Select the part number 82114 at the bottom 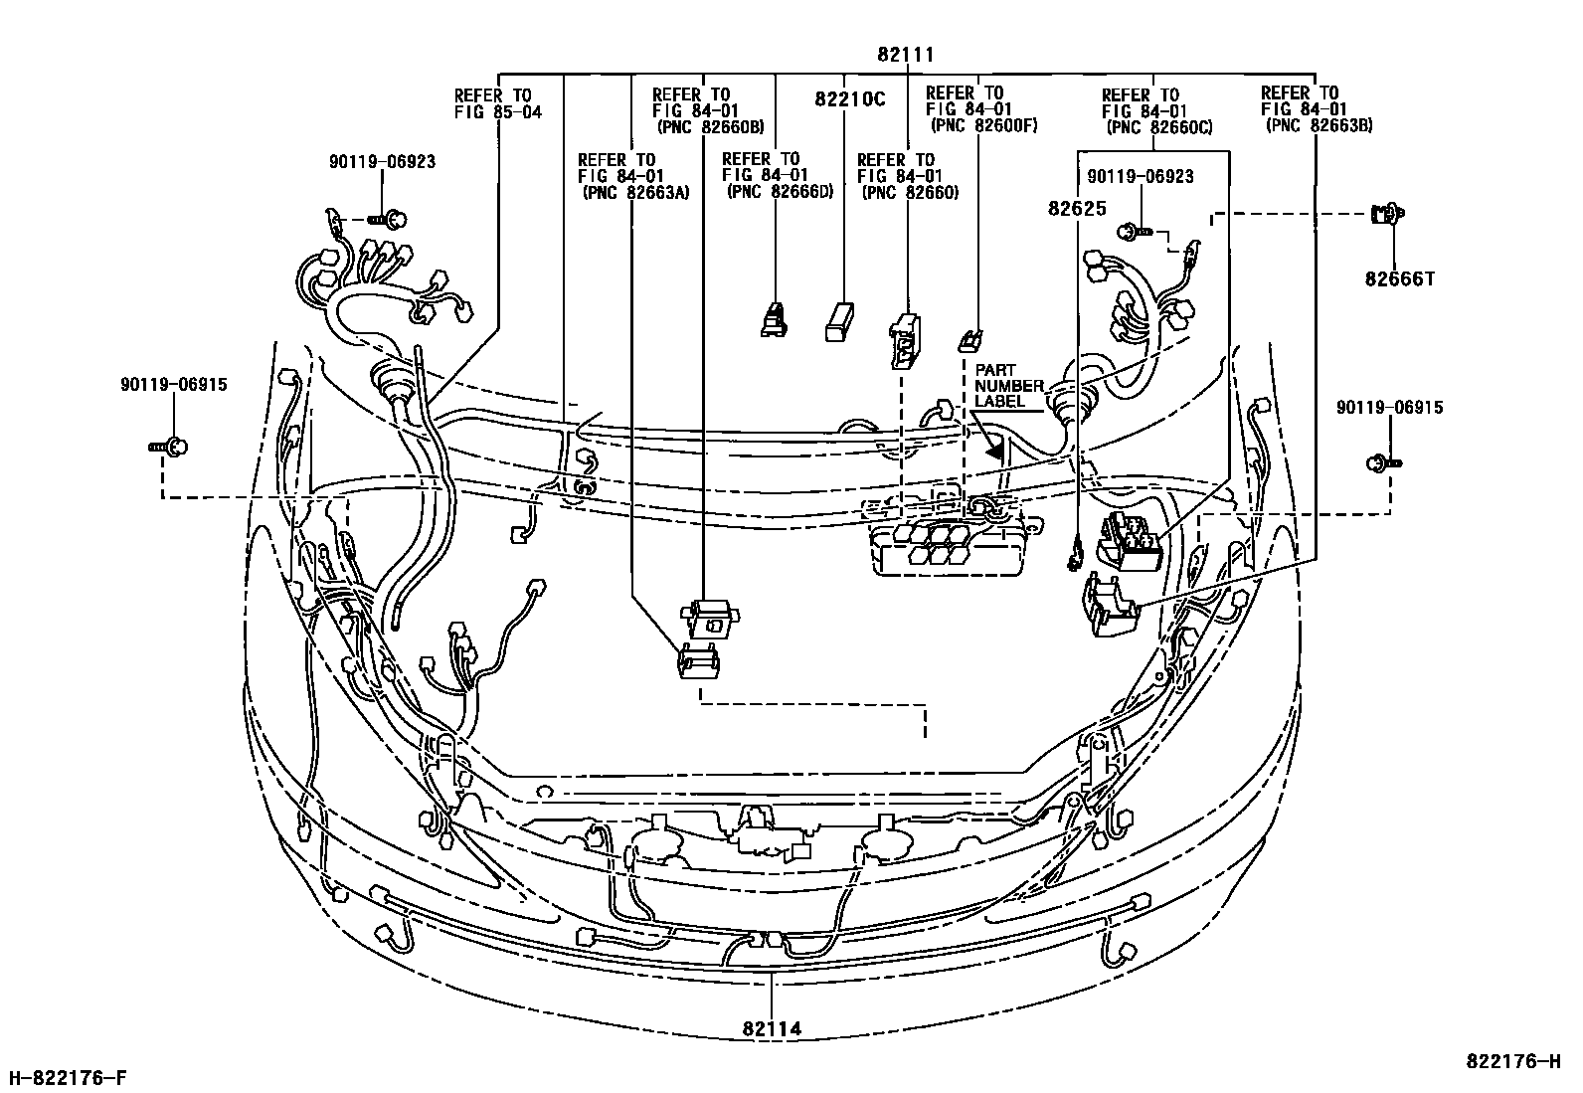[x=772, y=1030]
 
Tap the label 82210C [x=850, y=99]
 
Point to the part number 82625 [x=1071, y=209]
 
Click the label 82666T [x=1399, y=279]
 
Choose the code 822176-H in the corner [x=1512, y=1061]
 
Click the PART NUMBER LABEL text [x=1008, y=385]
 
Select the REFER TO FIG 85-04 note [x=497, y=103]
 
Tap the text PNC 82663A [x=634, y=193]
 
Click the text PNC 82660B [x=710, y=127]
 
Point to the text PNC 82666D [x=780, y=192]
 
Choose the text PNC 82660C [x=1159, y=127]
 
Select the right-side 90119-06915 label [x=1389, y=408]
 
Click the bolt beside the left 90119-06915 [x=171, y=448]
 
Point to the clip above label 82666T [x=1388, y=213]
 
